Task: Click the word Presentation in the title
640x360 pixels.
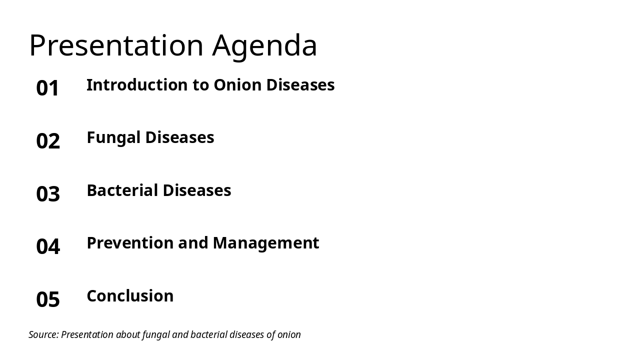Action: click(x=116, y=45)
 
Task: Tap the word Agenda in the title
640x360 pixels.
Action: click(x=264, y=46)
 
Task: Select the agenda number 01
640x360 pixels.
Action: click(x=48, y=88)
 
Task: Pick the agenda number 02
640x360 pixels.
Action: click(x=48, y=141)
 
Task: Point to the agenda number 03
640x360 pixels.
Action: click(x=48, y=194)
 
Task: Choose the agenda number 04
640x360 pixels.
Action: click(x=48, y=246)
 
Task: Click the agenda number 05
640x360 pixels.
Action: click(x=48, y=299)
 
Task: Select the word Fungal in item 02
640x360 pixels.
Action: click(x=112, y=138)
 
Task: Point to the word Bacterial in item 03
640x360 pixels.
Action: click(x=122, y=190)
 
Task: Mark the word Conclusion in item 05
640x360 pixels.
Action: click(x=130, y=296)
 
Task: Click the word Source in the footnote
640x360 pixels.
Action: click(x=43, y=334)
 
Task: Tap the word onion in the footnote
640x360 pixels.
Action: click(x=288, y=334)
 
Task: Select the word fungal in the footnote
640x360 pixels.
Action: click(x=155, y=334)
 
